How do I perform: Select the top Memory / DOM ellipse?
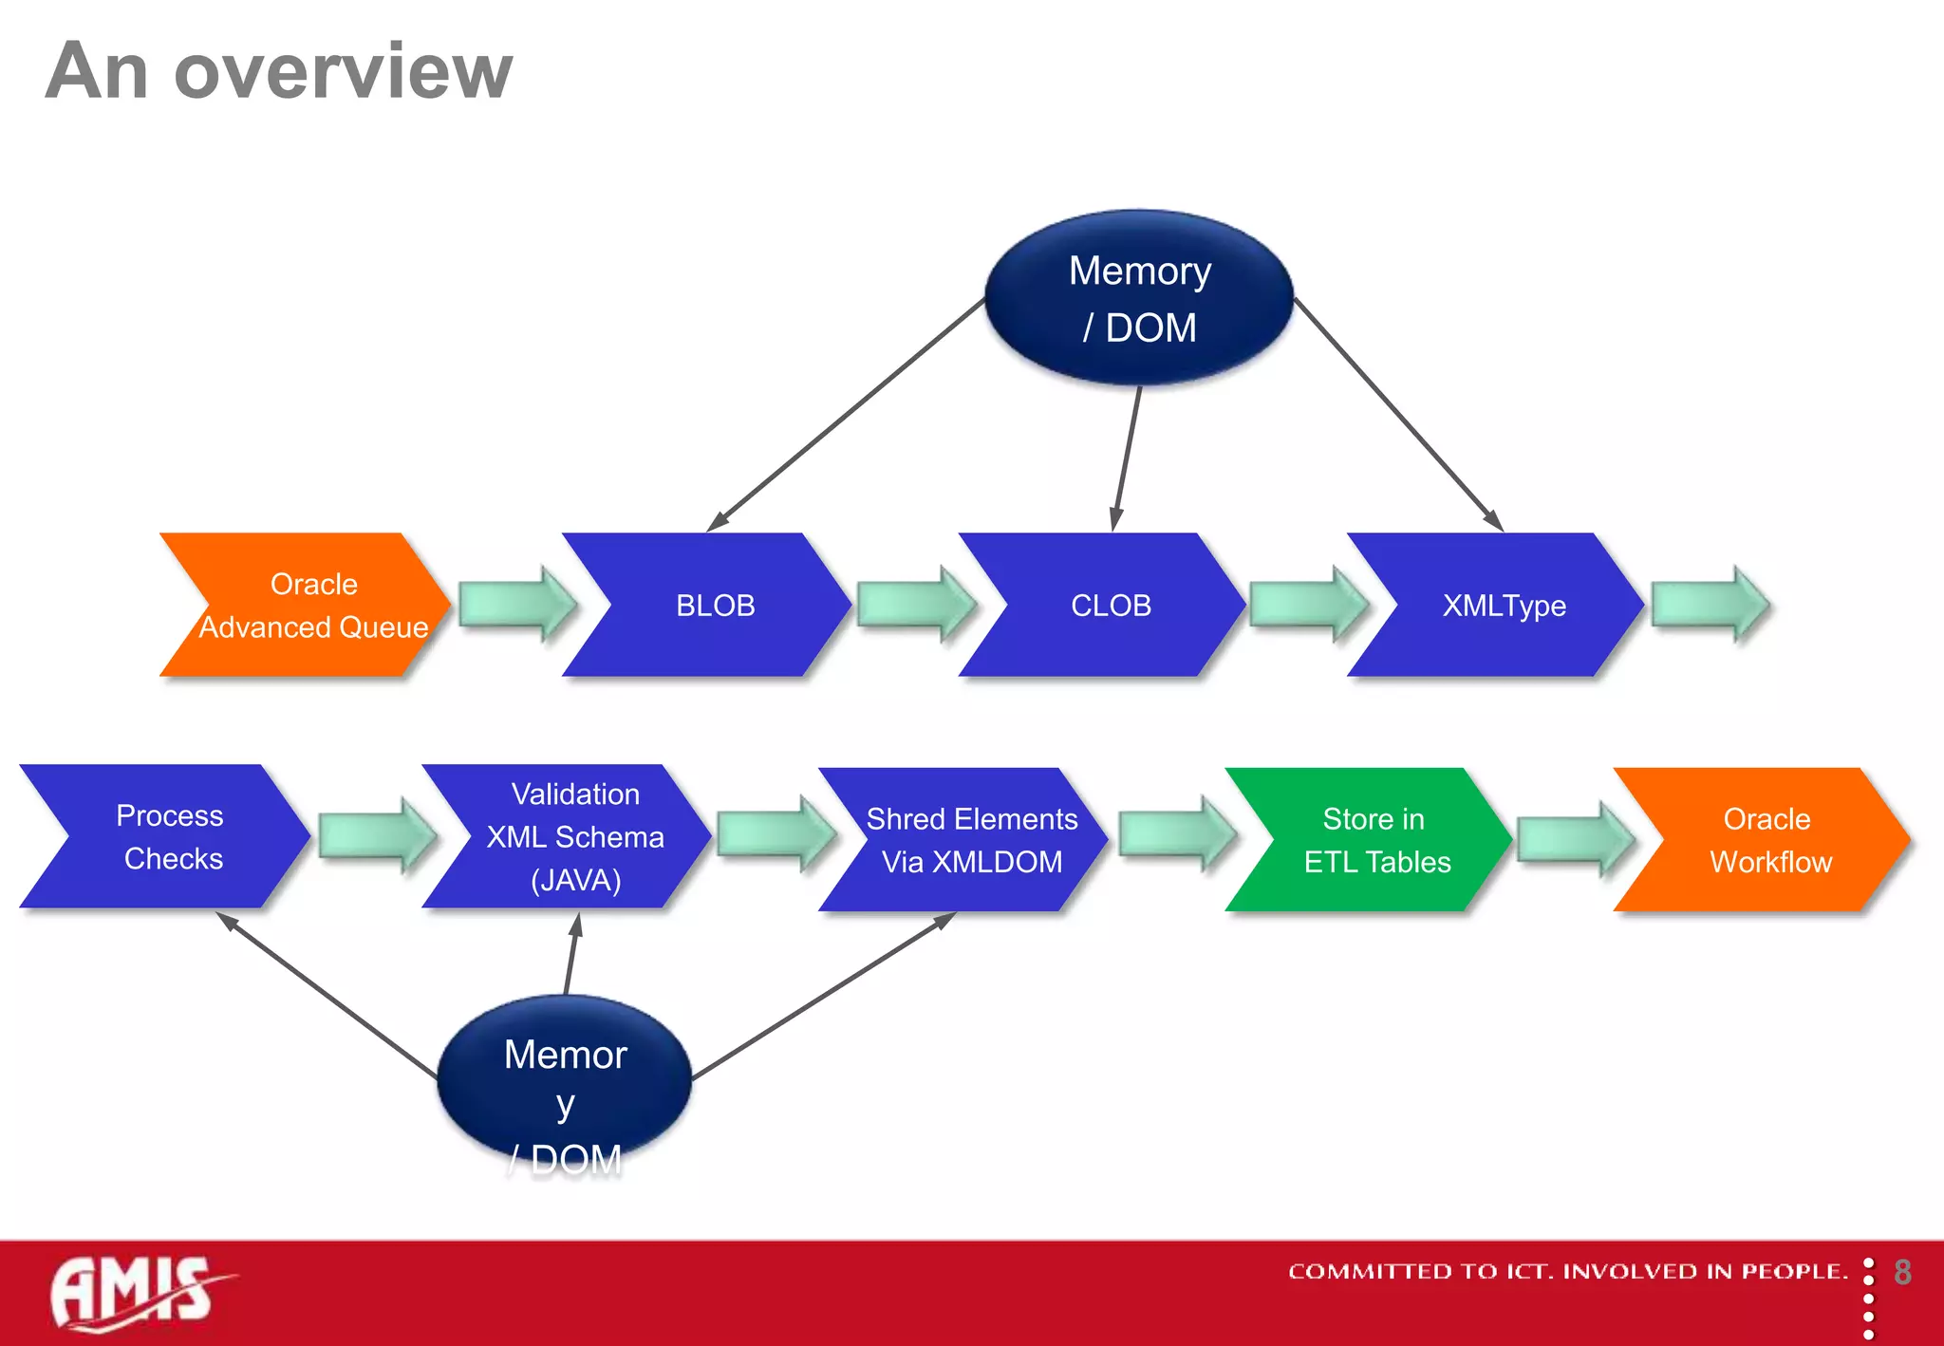pyautogui.click(x=1139, y=298)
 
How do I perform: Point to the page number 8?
pyautogui.click(x=1902, y=1272)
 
